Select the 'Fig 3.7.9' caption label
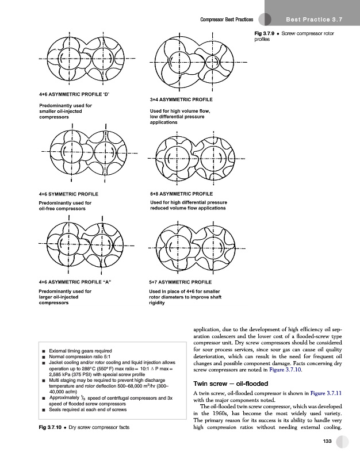tap(265, 33)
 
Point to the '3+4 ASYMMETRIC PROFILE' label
tap(181, 99)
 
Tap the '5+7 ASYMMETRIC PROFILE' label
tap(181, 283)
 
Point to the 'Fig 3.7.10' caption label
tap(50, 427)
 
